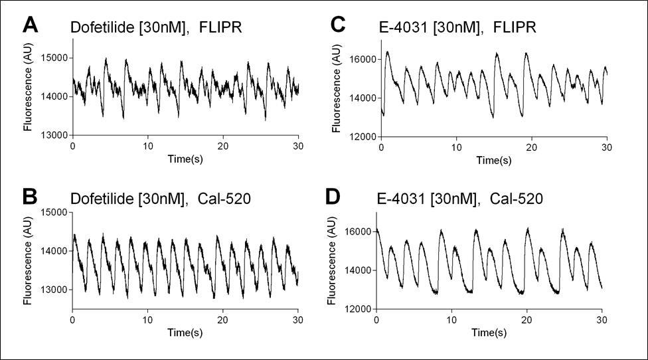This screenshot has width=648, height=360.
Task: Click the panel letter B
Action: [31, 197]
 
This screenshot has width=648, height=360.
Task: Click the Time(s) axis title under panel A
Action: [185, 157]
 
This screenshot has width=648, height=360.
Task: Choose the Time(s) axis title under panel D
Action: [489, 331]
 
